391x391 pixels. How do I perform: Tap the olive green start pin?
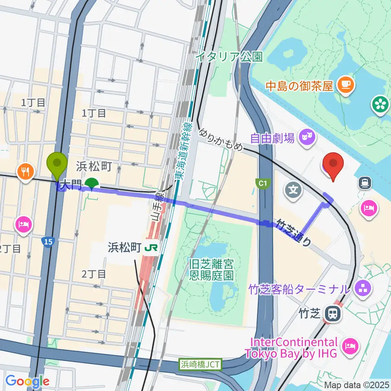57,165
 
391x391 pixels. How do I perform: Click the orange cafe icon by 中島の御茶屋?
347,85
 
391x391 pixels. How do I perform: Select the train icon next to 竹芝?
333,313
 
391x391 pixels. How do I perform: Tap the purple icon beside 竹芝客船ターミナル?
361,289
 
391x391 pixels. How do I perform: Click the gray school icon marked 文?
293,188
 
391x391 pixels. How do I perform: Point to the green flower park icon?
380,104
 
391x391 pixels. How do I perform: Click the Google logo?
27,382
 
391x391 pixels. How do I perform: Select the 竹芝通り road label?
294,232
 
